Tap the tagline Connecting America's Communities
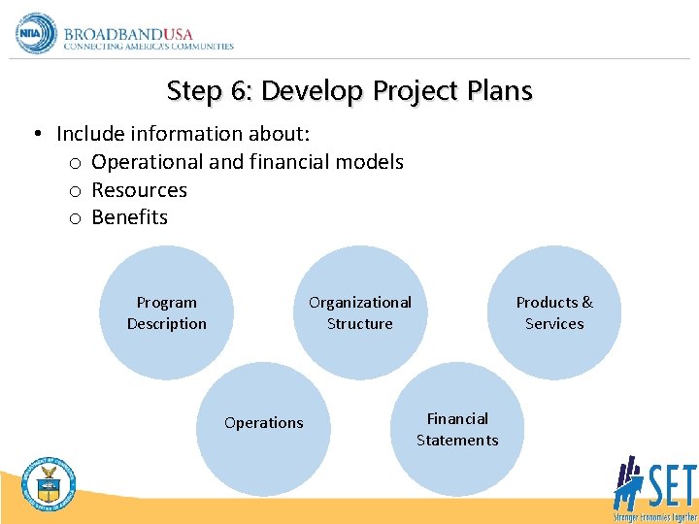(x=149, y=46)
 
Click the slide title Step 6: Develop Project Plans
(x=349, y=91)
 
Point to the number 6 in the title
(x=241, y=91)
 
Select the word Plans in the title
(x=500, y=91)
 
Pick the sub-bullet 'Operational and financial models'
(x=247, y=161)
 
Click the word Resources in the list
(x=139, y=189)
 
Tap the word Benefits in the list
(x=129, y=217)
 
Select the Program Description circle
(x=167, y=312)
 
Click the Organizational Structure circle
(x=360, y=312)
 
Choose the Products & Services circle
(x=554, y=312)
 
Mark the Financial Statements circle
(x=457, y=429)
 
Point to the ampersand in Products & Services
(x=586, y=303)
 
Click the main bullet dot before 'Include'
(x=34, y=133)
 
